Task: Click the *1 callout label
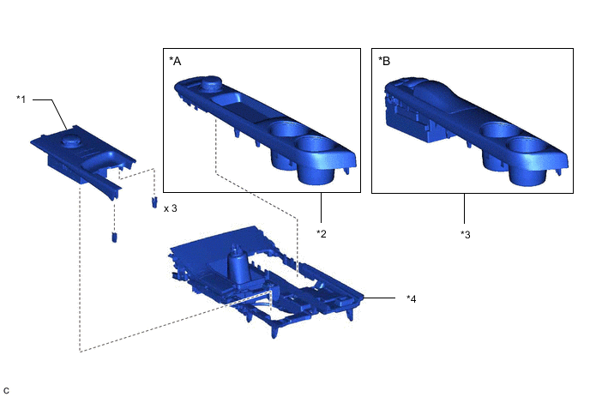tap(21, 99)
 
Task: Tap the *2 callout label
tap(322, 234)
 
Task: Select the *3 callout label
tap(466, 234)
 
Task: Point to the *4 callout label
tap(412, 298)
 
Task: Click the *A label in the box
tap(175, 61)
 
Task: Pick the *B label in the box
tap(384, 61)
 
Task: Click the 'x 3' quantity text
tap(171, 208)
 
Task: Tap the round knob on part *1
tap(70, 141)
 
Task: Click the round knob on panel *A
tap(210, 83)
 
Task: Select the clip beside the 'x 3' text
tap(154, 202)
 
